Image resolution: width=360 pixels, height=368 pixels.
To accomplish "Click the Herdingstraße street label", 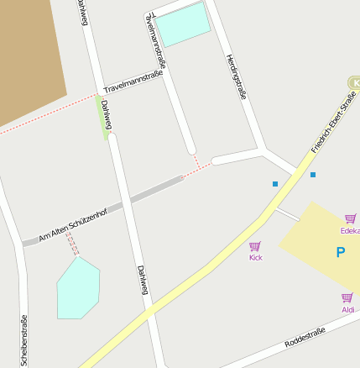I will [x=236, y=76].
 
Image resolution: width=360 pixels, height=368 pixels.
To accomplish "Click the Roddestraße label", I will [x=304, y=338].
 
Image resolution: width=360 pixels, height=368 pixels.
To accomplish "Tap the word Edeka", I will [x=350, y=230].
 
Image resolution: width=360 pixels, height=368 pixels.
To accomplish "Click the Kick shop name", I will [x=255, y=257].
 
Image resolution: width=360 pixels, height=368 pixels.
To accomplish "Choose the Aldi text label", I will [x=347, y=309].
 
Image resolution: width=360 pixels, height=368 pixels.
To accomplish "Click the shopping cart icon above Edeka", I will [x=350, y=218].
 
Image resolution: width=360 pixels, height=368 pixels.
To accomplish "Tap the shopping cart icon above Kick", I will [x=255, y=246].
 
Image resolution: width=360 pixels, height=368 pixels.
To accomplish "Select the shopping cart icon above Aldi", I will [x=347, y=297].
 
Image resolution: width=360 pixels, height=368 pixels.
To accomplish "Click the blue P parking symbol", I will [x=340, y=252].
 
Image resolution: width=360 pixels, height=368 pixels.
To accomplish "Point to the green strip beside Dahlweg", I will [x=103, y=117].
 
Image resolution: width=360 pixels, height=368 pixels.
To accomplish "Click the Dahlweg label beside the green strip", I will [x=107, y=114].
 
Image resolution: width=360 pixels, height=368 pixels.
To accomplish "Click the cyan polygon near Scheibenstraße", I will [x=77, y=288].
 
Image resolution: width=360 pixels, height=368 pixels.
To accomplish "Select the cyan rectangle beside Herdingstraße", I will [x=184, y=24].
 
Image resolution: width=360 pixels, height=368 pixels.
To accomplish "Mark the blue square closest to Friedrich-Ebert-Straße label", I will [x=313, y=175].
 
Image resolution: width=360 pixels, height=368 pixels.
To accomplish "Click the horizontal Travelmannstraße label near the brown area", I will [x=132, y=81].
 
